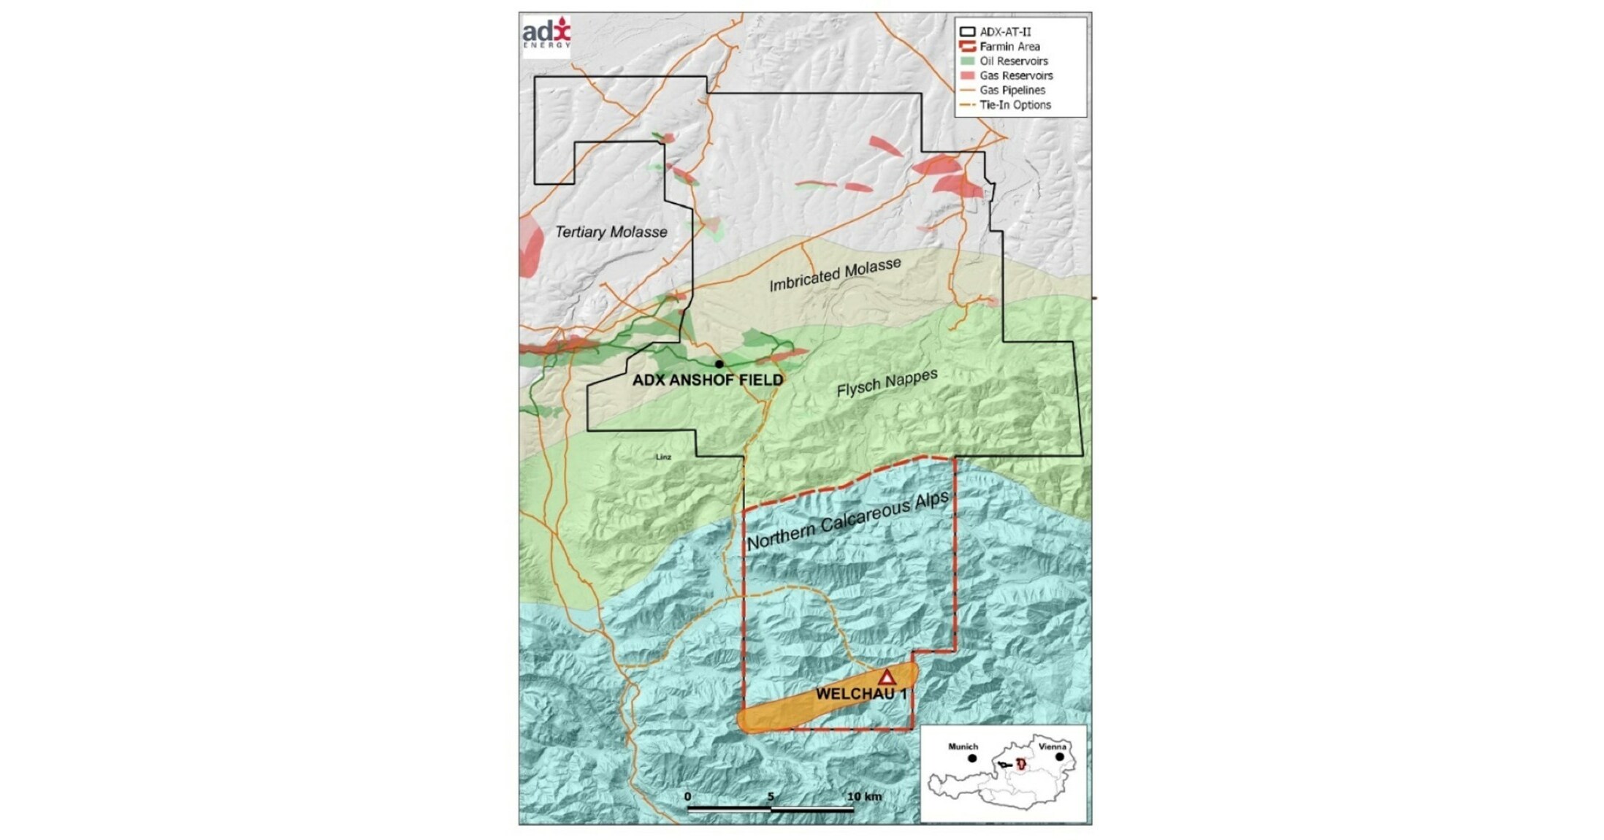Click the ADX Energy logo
pyautogui.click(x=546, y=34)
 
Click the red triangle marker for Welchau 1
pyautogui.click(x=886, y=677)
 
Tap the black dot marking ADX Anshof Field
pyautogui.click(x=719, y=364)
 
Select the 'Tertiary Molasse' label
pyautogui.click(x=611, y=232)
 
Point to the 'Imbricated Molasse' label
pyautogui.click(x=835, y=275)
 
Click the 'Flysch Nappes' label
pyautogui.click(x=887, y=383)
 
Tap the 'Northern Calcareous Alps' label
pyautogui.click(x=847, y=520)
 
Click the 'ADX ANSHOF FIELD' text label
pyautogui.click(x=707, y=381)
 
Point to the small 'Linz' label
pyautogui.click(x=663, y=457)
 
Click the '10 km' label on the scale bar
pyautogui.click(x=864, y=796)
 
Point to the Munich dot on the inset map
pyautogui.click(x=972, y=758)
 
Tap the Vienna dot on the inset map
pyautogui.click(x=1059, y=757)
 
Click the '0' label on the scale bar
pyautogui.click(x=688, y=796)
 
